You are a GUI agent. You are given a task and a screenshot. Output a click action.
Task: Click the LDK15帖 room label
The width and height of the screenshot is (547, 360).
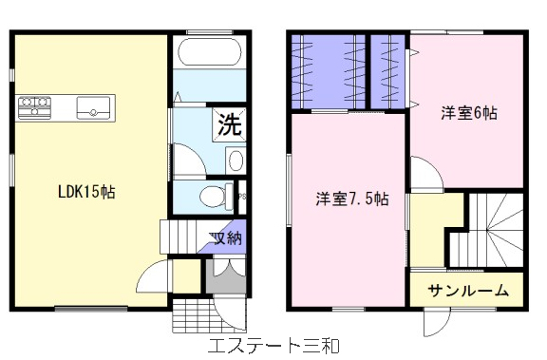tap(86, 192)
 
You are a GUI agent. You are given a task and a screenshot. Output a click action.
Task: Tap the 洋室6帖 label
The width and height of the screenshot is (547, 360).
tap(469, 113)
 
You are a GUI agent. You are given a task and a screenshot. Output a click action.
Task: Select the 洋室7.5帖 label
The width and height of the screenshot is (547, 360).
tap(352, 199)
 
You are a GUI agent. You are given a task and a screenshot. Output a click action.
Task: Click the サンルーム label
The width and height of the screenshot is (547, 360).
tap(467, 291)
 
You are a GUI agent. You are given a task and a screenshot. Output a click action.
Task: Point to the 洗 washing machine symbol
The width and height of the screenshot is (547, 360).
tap(229, 124)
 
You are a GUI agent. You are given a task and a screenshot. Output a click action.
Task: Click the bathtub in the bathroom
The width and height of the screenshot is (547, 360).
tap(210, 51)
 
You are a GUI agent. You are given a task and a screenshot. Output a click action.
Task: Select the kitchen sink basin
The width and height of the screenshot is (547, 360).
tap(93, 108)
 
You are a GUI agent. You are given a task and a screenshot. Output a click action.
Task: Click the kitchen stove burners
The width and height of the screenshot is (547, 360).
tap(34, 107)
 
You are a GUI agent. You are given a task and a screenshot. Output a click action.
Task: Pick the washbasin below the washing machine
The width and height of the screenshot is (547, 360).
tap(236, 161)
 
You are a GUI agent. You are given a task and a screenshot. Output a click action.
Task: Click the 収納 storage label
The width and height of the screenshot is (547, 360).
tap(226, 237)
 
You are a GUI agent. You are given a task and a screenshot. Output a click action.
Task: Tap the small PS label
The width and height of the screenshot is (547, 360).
tap(242, 197)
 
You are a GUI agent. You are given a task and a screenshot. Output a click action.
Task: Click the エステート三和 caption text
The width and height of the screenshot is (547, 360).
tap(273, 346)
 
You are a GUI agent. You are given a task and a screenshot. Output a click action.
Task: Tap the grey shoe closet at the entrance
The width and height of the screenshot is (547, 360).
tap(226, 275)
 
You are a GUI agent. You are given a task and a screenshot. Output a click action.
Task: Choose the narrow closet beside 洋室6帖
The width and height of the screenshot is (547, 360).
tap(387, 71)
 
